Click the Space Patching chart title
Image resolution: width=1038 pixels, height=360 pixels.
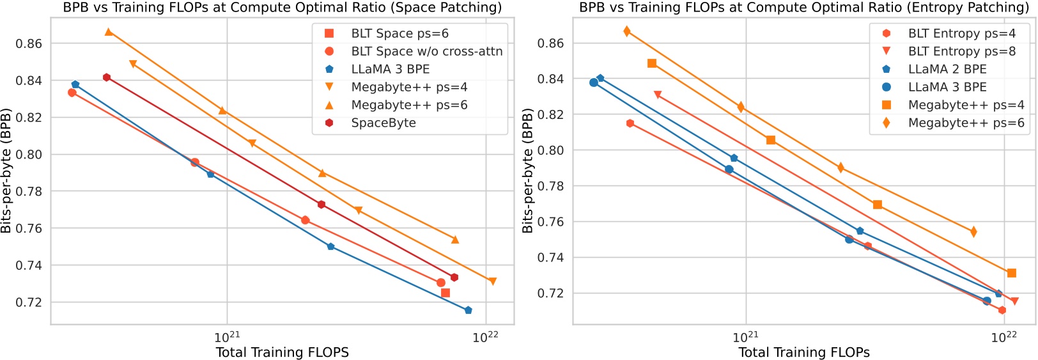tap(282, 8)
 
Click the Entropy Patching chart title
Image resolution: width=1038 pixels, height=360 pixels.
tap(804, 8)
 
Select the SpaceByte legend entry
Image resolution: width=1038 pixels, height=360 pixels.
tap(383, 123)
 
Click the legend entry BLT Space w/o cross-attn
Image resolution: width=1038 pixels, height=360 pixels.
tap(426, 51)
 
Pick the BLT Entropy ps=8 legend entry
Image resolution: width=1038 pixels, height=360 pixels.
tap(961, 51)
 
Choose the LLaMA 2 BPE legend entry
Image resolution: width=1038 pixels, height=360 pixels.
tap(947, 69)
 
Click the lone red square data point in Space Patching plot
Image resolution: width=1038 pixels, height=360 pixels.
tap(445, 293)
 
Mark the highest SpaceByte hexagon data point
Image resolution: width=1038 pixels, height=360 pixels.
tap(107, 77)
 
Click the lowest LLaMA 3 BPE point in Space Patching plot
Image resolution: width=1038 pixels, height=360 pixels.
tap(468, 310)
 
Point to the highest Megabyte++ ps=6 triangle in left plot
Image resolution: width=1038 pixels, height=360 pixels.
tap(109, 32)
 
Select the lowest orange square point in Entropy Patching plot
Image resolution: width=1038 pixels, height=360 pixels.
tap(1012, 273)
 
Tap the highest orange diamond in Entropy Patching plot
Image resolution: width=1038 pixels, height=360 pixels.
tap(627, 31)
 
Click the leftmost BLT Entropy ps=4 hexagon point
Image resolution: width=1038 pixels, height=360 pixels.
tap(630, 123)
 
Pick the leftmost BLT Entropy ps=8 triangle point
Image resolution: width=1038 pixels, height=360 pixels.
tap(658, 95)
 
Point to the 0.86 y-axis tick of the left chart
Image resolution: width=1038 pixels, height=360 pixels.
tap(29, 43)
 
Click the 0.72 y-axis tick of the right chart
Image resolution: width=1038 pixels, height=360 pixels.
tap(551, 293)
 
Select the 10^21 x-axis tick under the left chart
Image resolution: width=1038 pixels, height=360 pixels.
tap(227, 337)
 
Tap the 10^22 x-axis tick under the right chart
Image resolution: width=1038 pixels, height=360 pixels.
tap(1003, 337)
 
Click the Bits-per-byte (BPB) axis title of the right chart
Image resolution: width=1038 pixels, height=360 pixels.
tap(527, 171)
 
